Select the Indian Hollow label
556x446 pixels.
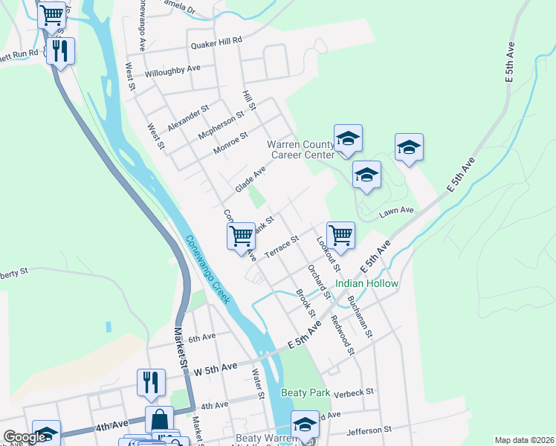[x=366, y=284]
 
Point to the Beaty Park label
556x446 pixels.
[x=305, y=392]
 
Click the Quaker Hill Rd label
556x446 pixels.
[x=216, y=42]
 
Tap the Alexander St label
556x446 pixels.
[x=188, y=118]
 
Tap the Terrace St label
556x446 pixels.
[x=282, y=247]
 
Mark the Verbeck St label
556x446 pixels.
[x=353, y=392]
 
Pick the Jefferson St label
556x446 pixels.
[x=369, y=430]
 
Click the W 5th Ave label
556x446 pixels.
[x=216, y=367]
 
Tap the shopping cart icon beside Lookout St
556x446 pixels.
[x=340, y=235]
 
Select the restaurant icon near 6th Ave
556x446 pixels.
[x=151, y=382]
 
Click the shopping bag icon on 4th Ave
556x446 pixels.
[x=159, y=418]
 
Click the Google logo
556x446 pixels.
[x=25, y=438]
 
